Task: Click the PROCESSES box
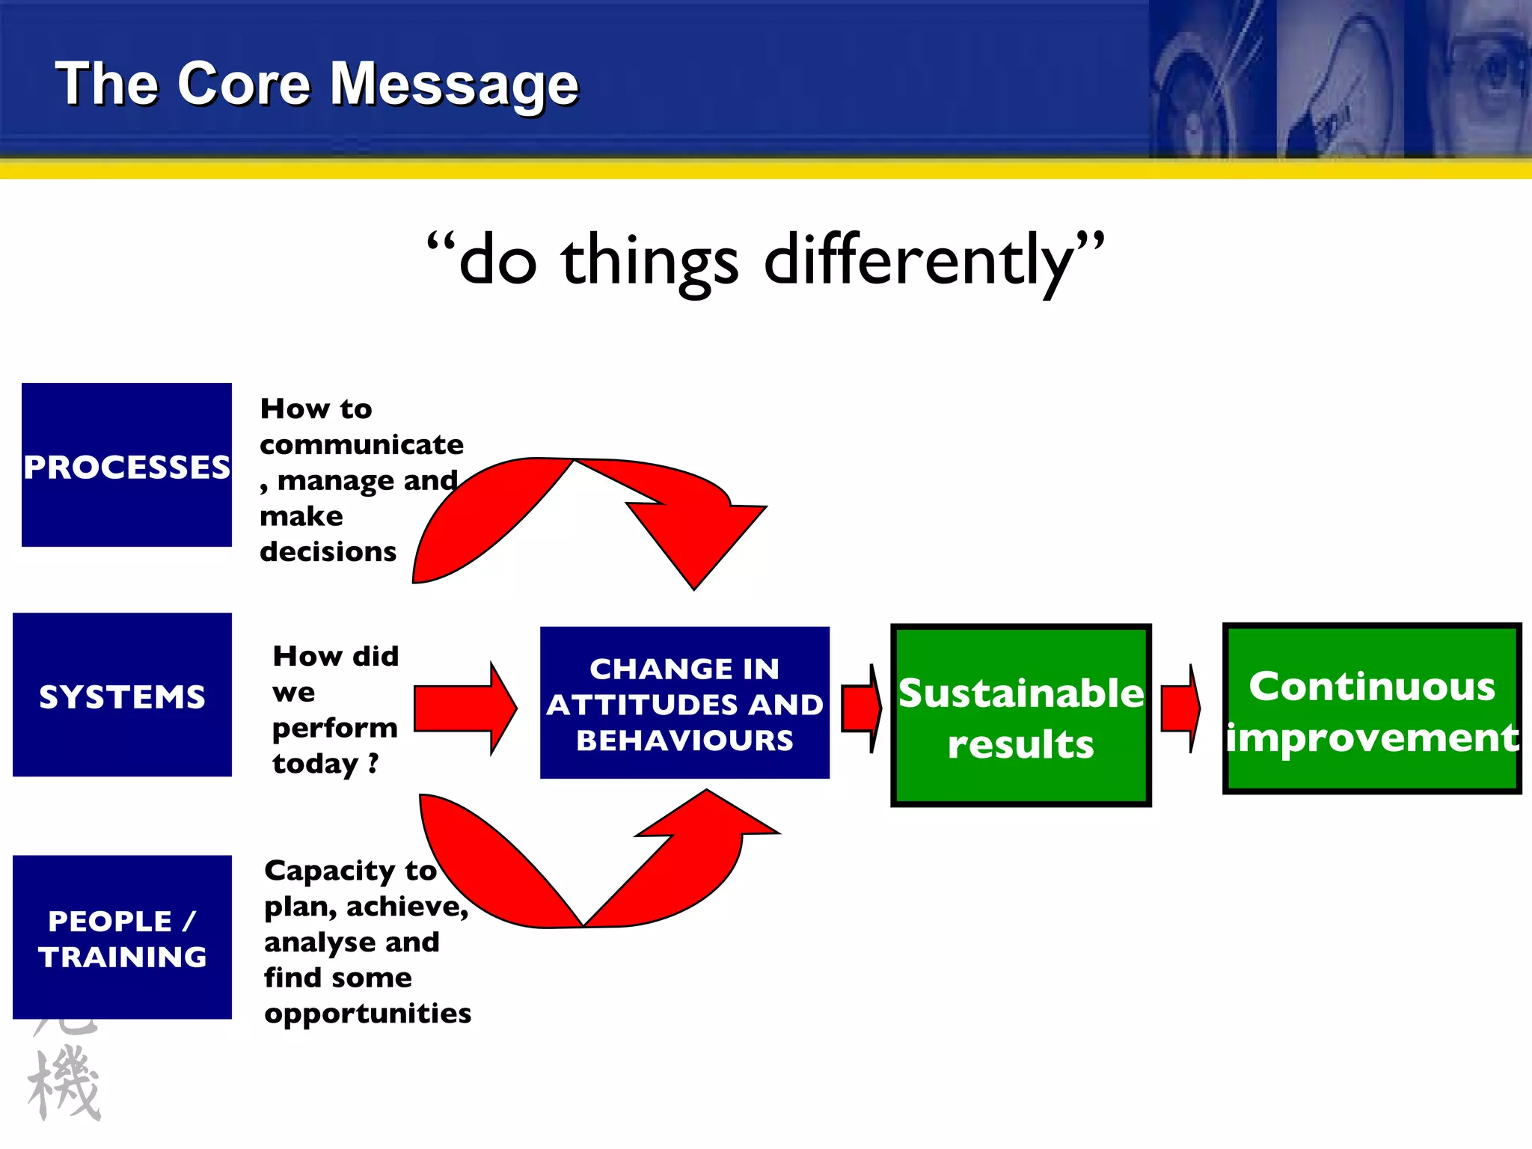point(126,465)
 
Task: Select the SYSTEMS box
point(122,695)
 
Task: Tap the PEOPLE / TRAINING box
point(122,937)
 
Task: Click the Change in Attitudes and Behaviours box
point(684,703)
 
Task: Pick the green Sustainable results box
point(1020,716)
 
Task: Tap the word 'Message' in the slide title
point(454,85)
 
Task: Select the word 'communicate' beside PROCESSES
point(361,445)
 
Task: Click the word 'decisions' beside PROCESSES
point(328,552)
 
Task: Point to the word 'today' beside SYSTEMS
point(315,764)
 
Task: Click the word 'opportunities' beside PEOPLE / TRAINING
point(367,1014)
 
